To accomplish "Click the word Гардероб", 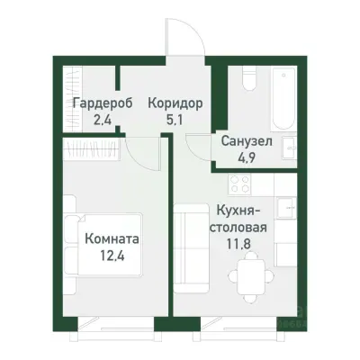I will [103, 103].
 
